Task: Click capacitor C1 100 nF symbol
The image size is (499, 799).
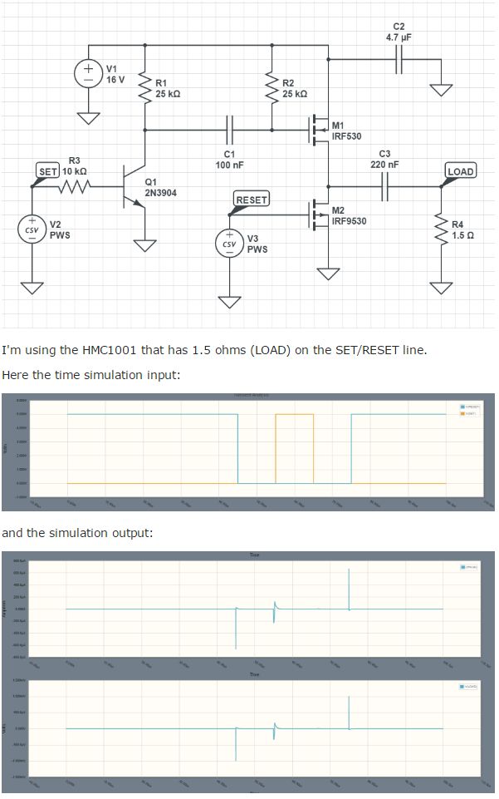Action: [230, 131]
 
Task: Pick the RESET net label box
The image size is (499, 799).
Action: [252, 200]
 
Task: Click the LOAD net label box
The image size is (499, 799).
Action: [460, 171]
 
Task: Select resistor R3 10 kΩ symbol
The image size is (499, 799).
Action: [75, 187]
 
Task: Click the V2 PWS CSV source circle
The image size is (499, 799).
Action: [32, 229]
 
